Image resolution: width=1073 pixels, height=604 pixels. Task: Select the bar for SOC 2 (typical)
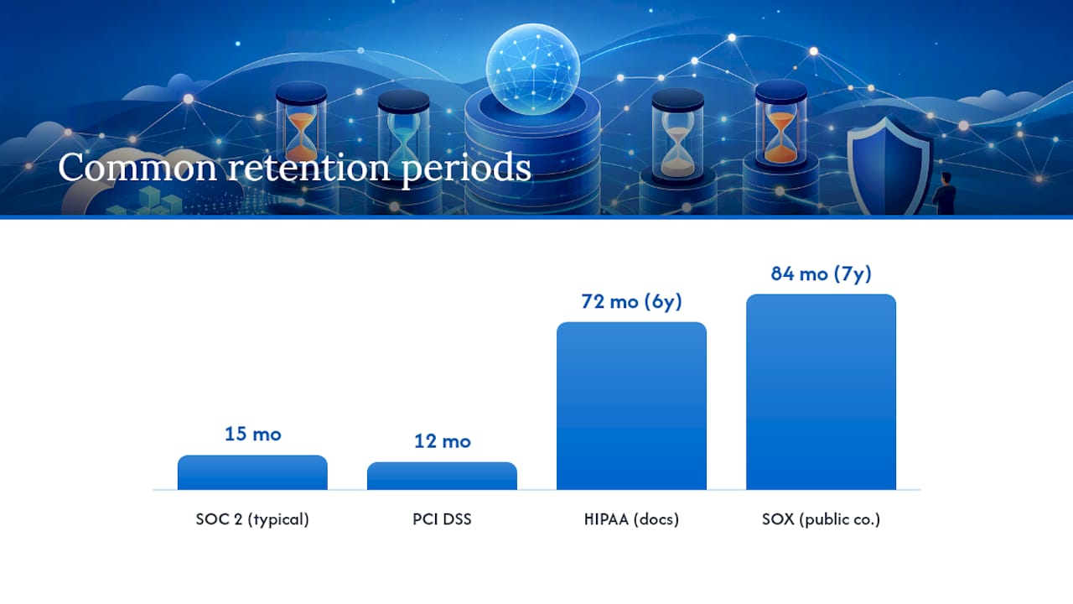(x=252, y=472)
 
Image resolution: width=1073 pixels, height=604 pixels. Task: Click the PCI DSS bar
(x=442, y=476)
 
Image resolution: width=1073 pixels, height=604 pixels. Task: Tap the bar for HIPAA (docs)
(x=631, y=405)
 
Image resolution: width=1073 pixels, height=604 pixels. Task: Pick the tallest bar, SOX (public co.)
(x=821, y=392)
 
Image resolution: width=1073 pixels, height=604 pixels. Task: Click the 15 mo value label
(x=253, y=434)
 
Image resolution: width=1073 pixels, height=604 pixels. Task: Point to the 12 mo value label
(x=442, y=441)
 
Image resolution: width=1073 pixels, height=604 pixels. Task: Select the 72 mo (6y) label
(x=631, y=301)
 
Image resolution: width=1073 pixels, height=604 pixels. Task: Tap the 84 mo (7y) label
(x=821, y=273)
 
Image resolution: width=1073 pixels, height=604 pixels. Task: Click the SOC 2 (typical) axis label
(x=252, y=519)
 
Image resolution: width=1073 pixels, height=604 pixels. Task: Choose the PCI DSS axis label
(x=442, y=519)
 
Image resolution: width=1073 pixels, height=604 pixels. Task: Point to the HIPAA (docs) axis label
(x=631, y=519)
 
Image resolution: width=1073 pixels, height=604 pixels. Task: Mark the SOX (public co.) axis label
(x=821, y=519)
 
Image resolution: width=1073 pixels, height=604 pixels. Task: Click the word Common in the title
(x=137, y=167)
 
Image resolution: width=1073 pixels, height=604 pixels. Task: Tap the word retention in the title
(x=309, y=167)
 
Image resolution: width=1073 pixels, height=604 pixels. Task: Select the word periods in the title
(x=466, y=169)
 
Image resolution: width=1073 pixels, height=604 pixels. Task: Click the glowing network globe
(x=532, y=69)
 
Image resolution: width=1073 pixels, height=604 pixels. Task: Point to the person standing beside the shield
(x=945, y=193)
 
